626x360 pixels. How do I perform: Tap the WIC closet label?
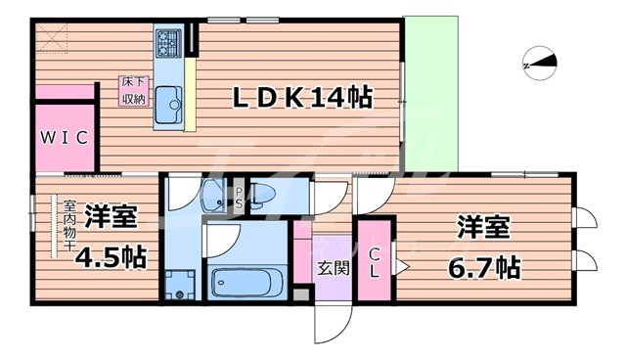tap(66, 138)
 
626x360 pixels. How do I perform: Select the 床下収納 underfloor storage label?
tap(134, 91)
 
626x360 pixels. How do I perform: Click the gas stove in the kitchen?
tap(167, 43)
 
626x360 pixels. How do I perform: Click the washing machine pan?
tap(179, 286)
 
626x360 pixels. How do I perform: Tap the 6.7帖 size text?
tap(483, 265)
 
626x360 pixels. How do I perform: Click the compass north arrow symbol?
tap(541, 64)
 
